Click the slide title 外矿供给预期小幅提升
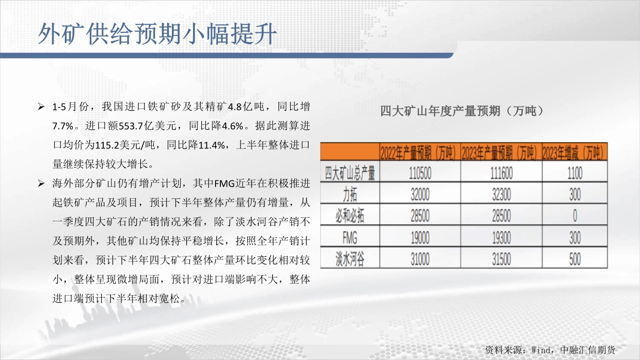(157, 34)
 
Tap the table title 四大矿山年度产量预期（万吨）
(463, 111)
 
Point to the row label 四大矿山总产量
(350, 172)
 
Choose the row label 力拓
(350, 194)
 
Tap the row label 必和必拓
(350, 216)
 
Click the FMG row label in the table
(350, 238)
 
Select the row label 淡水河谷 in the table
(350, 259)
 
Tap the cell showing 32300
(501, 194)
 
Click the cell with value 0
(575, 216)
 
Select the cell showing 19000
(420, 238)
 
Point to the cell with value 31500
(501, 259)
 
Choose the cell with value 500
(575, 259)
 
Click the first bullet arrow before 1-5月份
(41, 107)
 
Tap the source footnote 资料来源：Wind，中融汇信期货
(550, 349)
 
